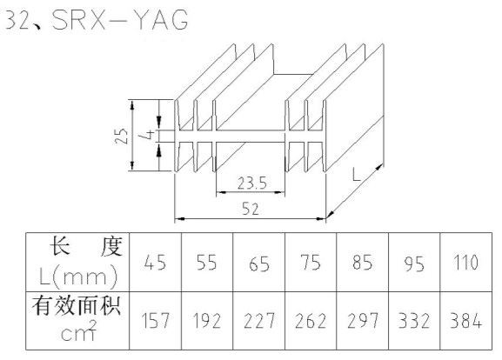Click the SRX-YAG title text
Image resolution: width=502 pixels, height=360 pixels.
pos(120,20)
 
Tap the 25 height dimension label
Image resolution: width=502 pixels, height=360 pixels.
pos(121,136)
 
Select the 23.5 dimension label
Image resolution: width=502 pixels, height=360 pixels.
pos(252,183)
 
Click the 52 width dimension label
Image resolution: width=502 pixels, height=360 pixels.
pos(250,209)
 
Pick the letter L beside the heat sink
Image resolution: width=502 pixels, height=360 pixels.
pos(357,175)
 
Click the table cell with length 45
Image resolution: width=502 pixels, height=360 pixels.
pos(155,263)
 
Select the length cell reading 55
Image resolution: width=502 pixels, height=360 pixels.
pos(207,263)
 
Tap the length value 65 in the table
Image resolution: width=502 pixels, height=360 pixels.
pos(258,263)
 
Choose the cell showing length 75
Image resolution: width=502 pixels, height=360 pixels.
pos(311,263)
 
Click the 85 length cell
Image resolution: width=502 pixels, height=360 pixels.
pos(363,263)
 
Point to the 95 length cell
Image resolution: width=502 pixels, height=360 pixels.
pos(414,263)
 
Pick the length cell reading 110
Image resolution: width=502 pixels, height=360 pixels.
pos(465,263)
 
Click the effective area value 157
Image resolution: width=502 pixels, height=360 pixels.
pos(155,321)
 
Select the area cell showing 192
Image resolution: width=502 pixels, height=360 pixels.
pos(207,321)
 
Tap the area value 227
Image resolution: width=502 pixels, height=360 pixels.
pos(258,321)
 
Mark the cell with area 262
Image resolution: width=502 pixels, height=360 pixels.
pos(311,321)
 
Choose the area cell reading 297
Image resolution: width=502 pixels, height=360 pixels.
pos(363,321)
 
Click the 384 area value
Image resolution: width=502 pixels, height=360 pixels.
pos(465,321)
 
